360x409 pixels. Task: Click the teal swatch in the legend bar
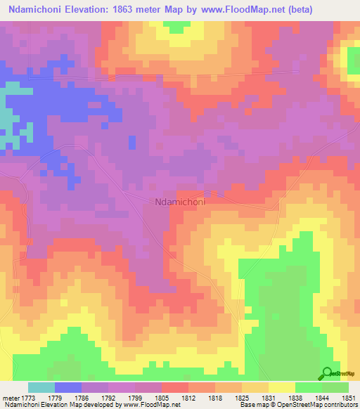[41, 387]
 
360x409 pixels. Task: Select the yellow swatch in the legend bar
[281, 387]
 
